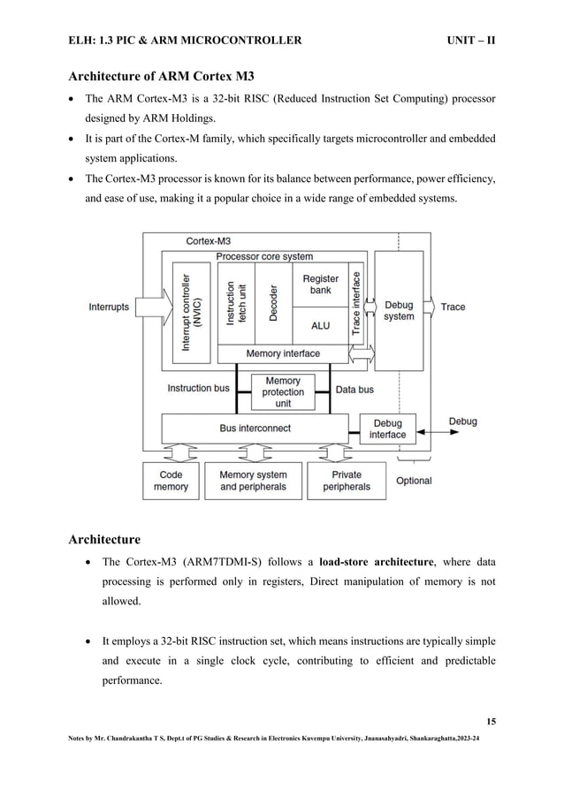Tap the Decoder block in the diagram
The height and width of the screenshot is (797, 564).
tap(273, 303)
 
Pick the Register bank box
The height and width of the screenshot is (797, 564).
tap(320, 285)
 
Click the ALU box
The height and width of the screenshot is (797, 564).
tap(320, 325)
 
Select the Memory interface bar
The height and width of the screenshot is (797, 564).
tap(283, 353)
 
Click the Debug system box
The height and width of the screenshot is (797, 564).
tap(399, 310)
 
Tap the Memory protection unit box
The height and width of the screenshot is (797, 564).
tap(283, 392)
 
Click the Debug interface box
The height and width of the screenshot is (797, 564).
tap(387, 429)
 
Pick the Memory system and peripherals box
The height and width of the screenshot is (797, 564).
tap(253, 481)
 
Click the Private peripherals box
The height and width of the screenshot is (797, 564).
tap(347, 481)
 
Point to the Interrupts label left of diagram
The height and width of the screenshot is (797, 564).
tap(109, 307)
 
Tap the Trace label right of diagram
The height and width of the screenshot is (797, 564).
tap(453, 307)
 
